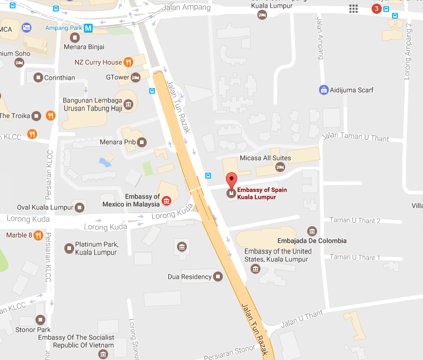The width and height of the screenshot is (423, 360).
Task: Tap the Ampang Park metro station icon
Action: [89, 28]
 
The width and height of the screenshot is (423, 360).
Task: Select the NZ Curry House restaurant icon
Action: [128, 62]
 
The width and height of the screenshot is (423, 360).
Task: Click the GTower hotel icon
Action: [136, 78]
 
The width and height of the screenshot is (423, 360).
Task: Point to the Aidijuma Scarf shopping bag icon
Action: [324, 90]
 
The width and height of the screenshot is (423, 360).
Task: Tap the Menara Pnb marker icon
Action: [142, 142]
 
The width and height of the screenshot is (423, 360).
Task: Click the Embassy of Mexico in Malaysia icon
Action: [166, 200]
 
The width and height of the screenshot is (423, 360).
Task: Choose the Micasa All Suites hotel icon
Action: [280, 167]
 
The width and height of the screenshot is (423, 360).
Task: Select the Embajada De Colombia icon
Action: [311, 231]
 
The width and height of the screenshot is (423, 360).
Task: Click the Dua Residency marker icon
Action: [218, 277]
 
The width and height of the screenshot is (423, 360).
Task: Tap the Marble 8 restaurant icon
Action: [38, 236]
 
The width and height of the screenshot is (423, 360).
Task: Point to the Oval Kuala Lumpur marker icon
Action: [79, 208]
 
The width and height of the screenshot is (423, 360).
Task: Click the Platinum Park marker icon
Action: [69, 248]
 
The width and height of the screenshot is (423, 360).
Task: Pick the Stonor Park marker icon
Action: [40, 320]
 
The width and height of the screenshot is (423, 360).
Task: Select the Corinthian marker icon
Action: [38, 78]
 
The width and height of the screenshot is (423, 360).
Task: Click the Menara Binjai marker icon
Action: [75, 38]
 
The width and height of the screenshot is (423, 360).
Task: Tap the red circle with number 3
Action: [377, 9]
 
